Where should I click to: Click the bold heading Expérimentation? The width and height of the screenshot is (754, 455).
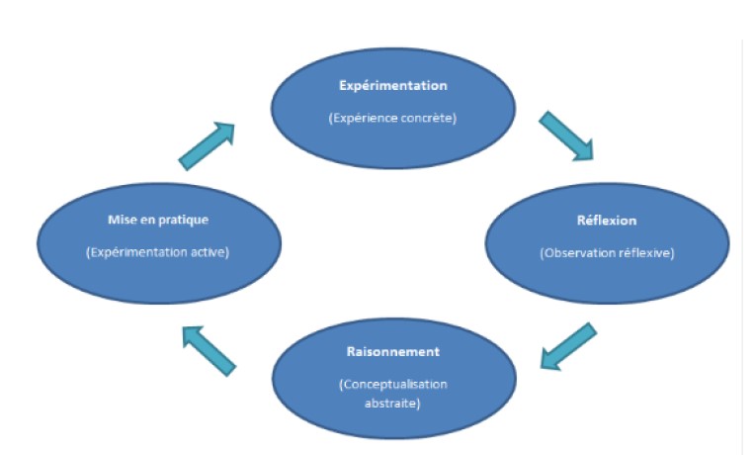click(x=393, y=86)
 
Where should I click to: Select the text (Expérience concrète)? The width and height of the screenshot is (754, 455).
click(x=393, y=118)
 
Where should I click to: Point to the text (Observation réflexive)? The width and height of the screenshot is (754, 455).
click(x=607, y=253)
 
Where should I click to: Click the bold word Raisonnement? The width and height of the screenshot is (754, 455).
click(x=392, y=351)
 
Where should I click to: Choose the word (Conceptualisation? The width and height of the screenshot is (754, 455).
click(x=393, y=383)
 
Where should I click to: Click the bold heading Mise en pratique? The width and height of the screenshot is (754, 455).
click(x=157, y=219)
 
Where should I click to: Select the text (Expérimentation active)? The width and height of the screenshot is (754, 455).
click(x=158, y=252)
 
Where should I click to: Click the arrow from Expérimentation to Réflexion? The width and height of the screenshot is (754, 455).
click(x=566, y=136)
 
